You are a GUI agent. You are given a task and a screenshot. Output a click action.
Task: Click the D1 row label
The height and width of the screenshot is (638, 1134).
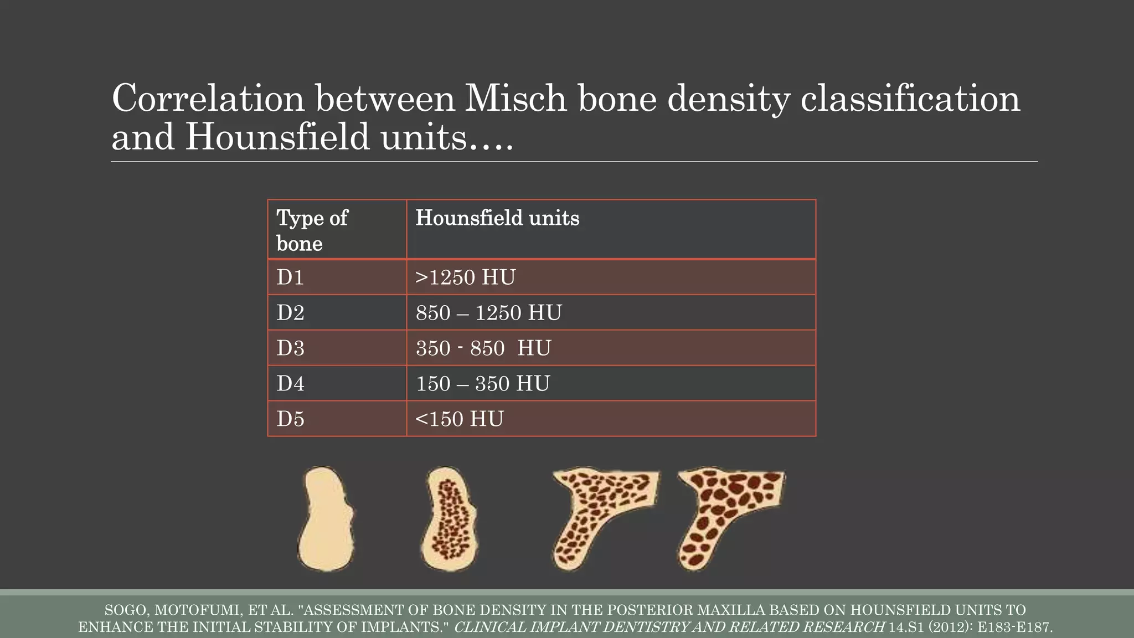point(290,277)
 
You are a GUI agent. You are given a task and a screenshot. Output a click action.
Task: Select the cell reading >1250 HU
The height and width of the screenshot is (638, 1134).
point(465,277)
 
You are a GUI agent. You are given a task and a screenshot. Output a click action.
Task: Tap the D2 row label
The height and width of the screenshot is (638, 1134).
point(290,312)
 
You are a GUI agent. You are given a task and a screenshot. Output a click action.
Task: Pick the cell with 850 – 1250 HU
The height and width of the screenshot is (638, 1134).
point(488,312)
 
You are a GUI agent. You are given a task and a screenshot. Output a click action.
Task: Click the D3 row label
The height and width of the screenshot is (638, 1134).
point(290,348)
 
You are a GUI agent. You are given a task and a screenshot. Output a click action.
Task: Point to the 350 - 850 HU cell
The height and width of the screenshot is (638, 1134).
point(483,348)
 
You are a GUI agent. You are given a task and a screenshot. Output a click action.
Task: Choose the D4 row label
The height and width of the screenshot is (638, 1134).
point(290,383)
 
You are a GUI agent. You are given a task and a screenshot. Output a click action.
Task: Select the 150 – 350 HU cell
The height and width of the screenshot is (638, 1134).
point(482,383)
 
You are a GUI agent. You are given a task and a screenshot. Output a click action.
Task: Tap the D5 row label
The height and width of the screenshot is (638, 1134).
point(290,419)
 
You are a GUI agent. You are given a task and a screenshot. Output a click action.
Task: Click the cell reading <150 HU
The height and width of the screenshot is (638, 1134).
point(459,419)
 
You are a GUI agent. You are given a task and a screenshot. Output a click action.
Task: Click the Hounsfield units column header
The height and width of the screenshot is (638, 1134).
point(497,218)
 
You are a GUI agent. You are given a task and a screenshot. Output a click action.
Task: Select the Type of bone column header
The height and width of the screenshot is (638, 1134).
point(312,230)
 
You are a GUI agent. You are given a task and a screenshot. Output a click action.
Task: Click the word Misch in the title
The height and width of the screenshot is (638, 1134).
point(516,98)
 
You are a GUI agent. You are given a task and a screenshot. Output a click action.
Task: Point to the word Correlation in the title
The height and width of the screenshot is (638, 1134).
point(208,98)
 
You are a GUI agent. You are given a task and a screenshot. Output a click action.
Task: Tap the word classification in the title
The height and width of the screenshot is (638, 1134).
point(910,98)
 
